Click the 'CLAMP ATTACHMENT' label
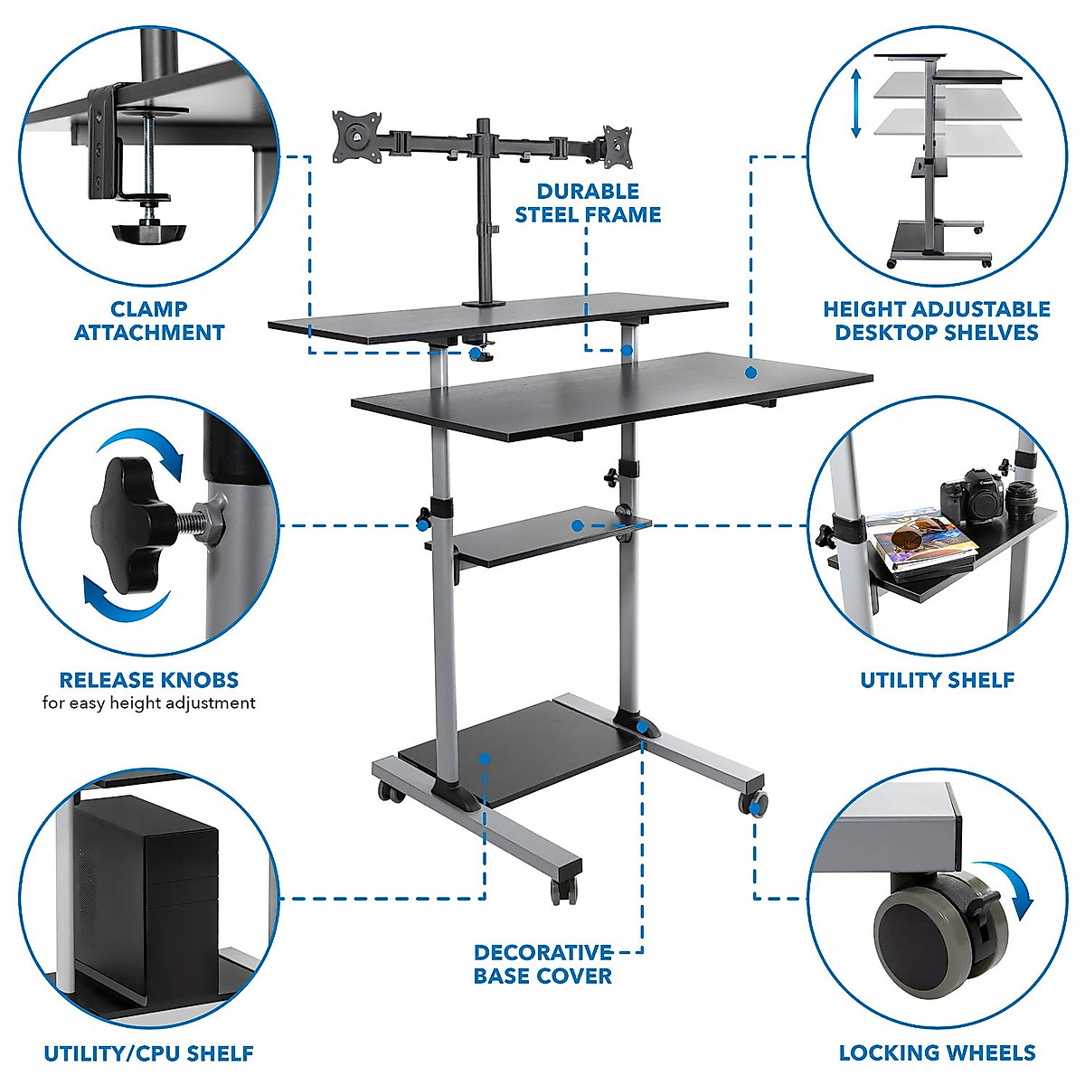coord(149,321)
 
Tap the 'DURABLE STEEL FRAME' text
coord(588,203)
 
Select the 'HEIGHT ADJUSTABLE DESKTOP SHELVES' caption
coord(937,321)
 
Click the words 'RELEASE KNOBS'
coord(149,680)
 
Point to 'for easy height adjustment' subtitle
coord(149,703)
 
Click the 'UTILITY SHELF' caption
coord(937,680)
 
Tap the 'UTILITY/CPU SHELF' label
coord(149,1053)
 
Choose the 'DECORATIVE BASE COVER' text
coord(543,964)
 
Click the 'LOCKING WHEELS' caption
coord(937,1052)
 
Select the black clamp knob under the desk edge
coord(148,231)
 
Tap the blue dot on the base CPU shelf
coord(485,759)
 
